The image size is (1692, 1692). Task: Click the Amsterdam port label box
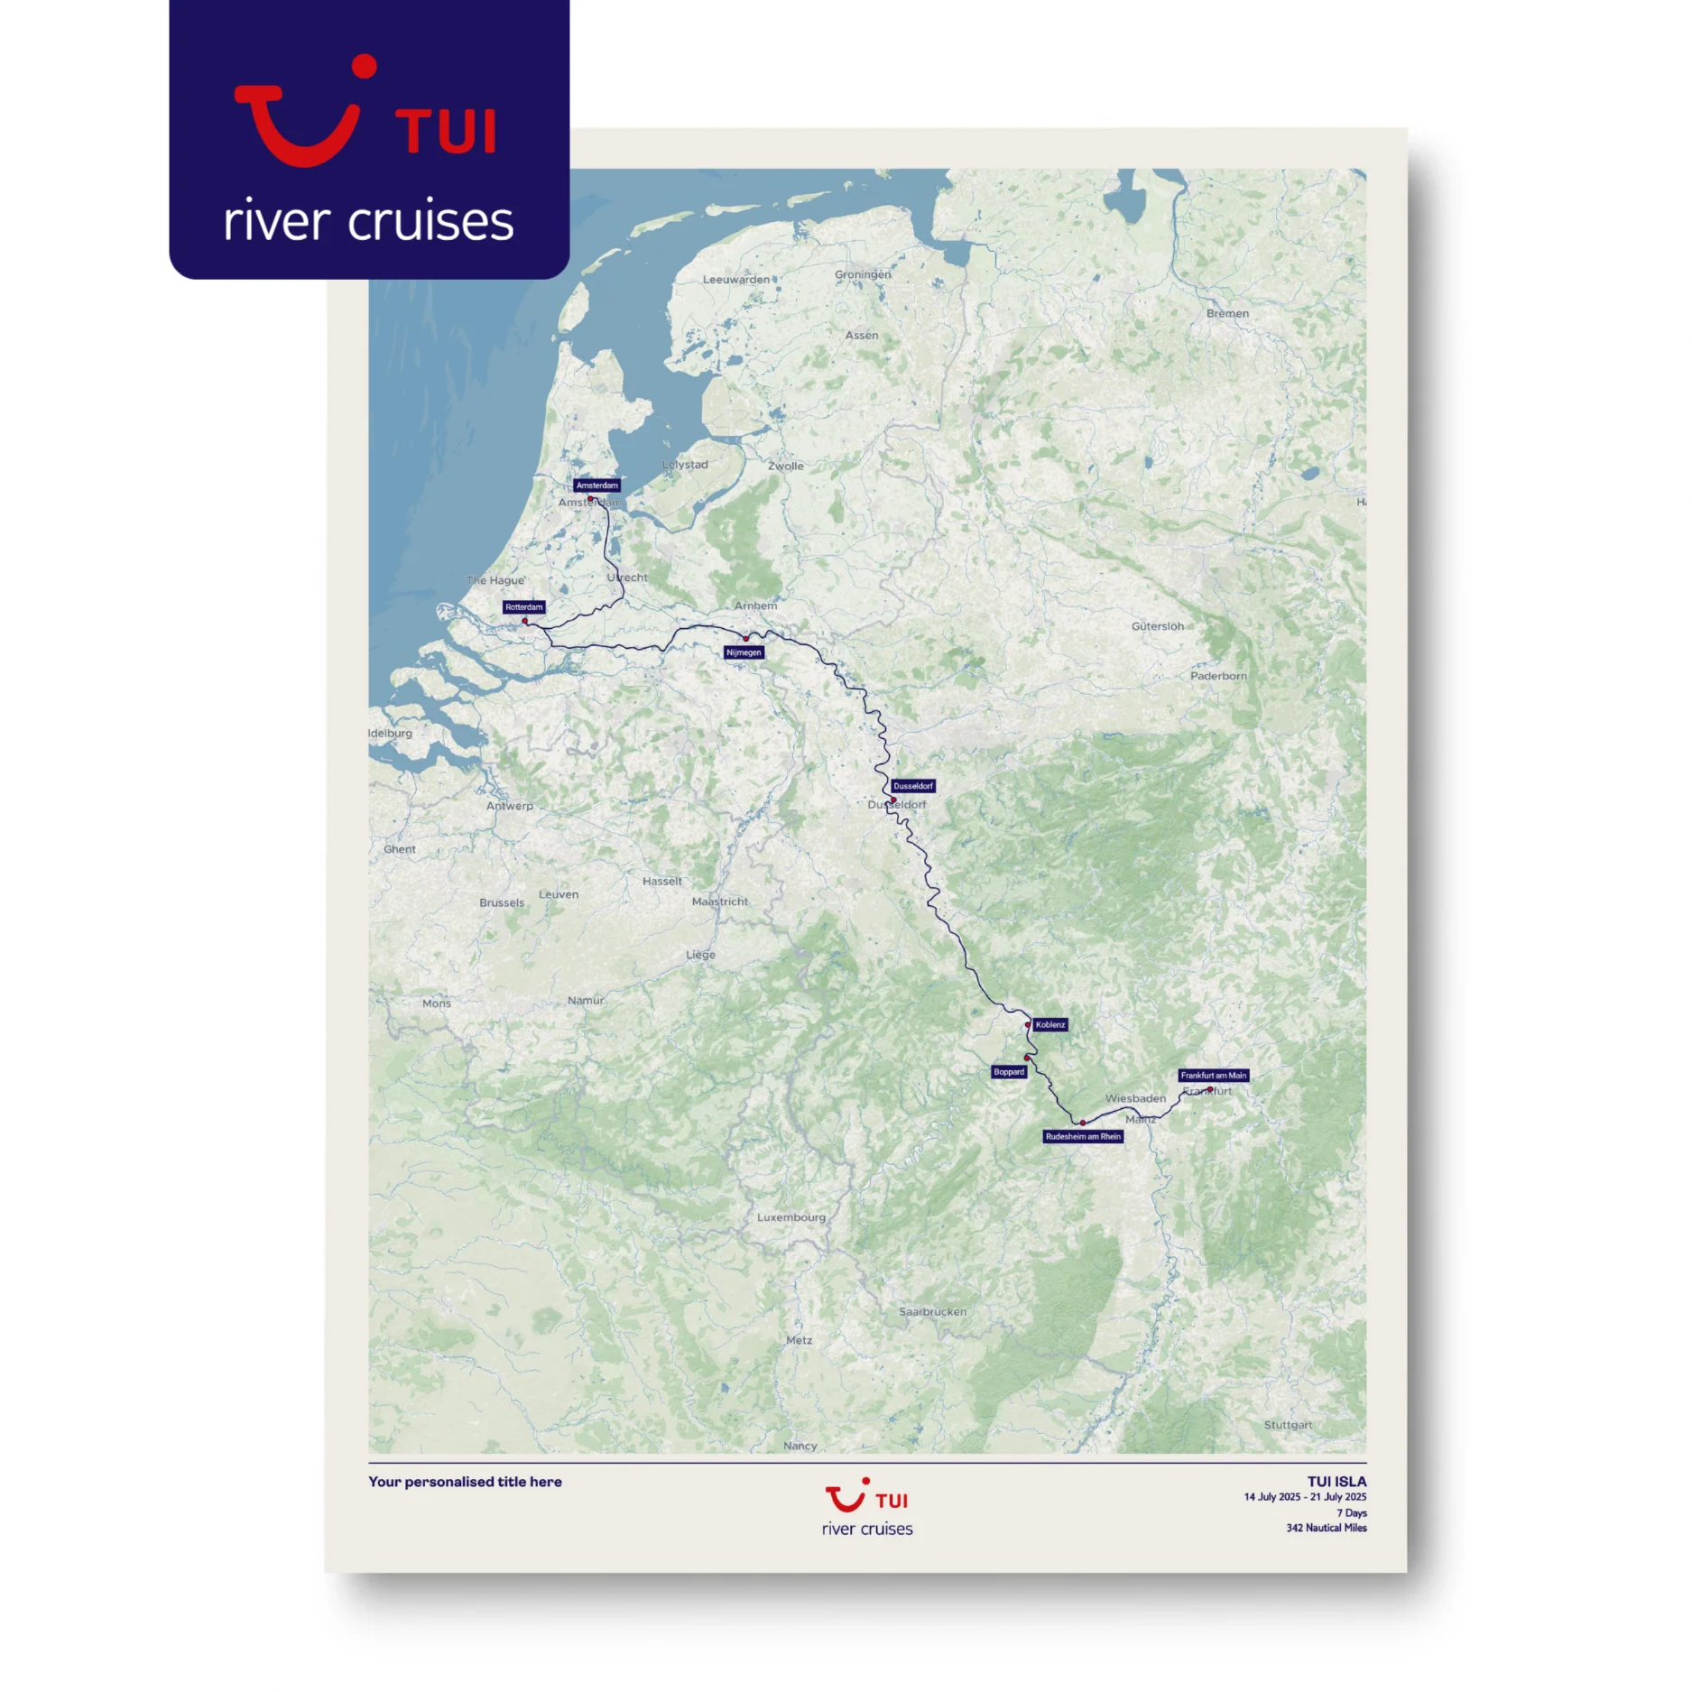click(596, 485)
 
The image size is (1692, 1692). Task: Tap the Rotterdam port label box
click(523, 607)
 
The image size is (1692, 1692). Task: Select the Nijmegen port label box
click(744, 652)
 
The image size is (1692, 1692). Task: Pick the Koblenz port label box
click(1049, 1025)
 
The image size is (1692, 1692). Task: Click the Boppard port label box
click(1009, 1072)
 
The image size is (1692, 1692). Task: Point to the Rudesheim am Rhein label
click(1083, 1137)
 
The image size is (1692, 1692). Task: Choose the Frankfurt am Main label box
click(1213, 1076)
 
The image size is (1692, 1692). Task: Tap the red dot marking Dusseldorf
click(893, 800)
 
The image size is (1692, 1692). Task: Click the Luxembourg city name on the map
click(791, 1217)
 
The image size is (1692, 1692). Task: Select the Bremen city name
click(1227, 314)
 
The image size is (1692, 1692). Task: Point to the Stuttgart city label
click(1288, 1425)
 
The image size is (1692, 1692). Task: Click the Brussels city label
click(502, 902)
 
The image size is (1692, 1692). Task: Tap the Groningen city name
click(862, 274)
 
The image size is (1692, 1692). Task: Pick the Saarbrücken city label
click(932, 1312)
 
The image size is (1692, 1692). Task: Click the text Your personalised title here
click(465, 1482)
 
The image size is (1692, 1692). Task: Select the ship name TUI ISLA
click(1336, 1482)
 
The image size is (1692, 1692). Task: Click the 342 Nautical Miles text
click(1326, 1528)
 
